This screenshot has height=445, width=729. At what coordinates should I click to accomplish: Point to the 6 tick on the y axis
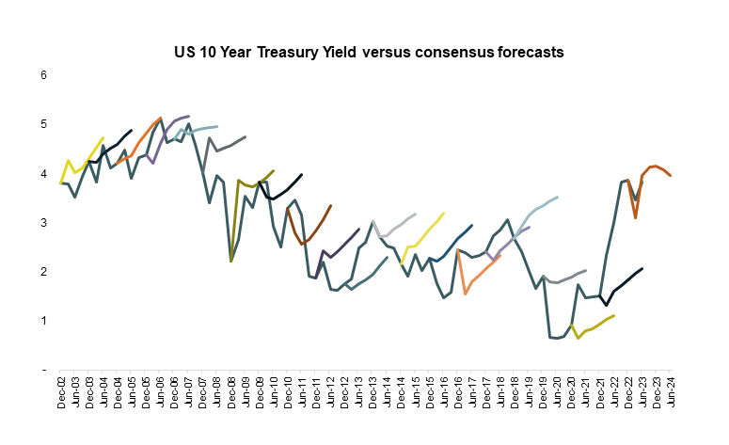point(43,74)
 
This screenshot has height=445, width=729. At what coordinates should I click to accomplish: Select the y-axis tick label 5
point(43,124)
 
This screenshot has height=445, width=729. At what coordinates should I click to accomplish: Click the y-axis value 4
point(43,173)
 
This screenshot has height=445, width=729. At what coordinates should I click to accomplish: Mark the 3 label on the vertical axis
point(43,222)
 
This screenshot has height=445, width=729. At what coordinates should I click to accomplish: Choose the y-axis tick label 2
point(43,271)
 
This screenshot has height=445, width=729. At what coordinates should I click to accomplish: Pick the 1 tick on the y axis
point(43,321)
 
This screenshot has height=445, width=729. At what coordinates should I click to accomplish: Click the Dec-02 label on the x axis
point(61,389)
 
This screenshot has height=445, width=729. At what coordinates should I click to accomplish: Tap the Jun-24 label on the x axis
point(670,389)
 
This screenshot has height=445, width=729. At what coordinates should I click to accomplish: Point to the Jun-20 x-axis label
point(557,389)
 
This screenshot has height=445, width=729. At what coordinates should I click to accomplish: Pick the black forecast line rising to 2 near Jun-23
point(626,279)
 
